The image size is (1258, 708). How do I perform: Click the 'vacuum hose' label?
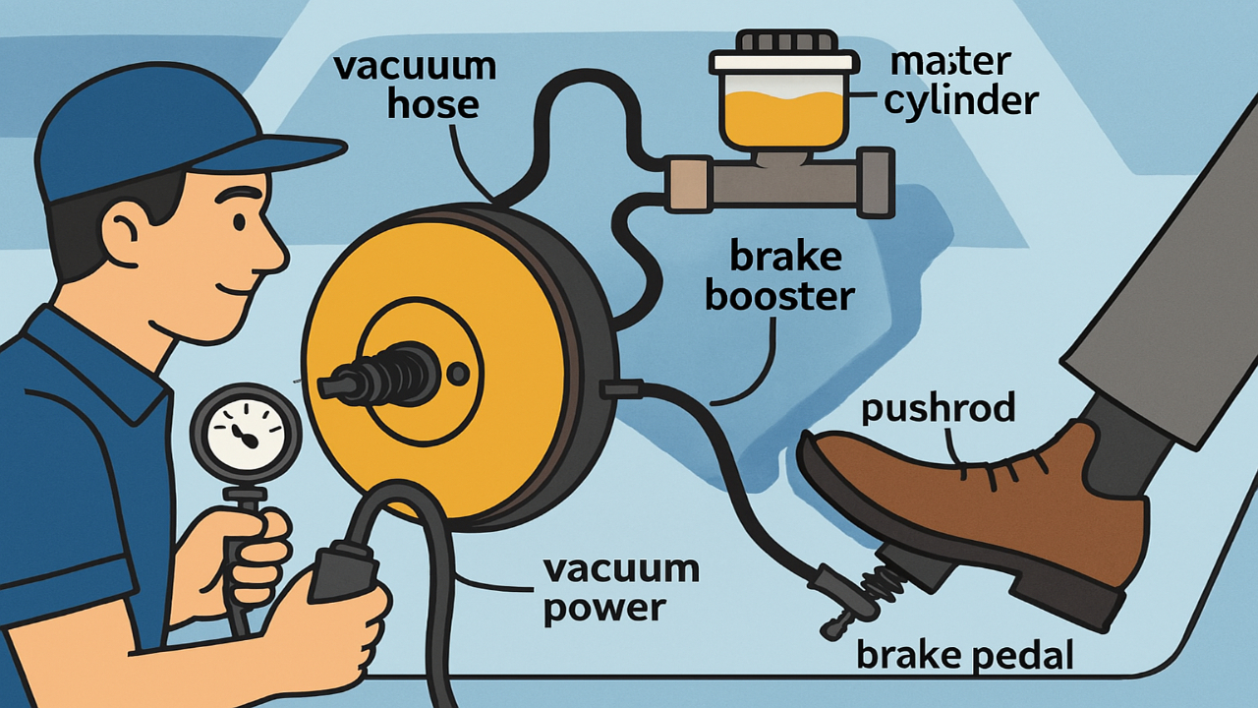coord(414,86)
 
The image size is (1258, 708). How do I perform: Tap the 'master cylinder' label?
coord(960,81)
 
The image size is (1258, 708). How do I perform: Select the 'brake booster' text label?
coord(778,276)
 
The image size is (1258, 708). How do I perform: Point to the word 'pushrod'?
coord(938,408)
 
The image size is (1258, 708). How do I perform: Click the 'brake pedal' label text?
coord(964,655)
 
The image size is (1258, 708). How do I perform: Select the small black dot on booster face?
coord(457,375)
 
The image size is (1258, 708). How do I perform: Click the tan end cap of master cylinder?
coord(687,184)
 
